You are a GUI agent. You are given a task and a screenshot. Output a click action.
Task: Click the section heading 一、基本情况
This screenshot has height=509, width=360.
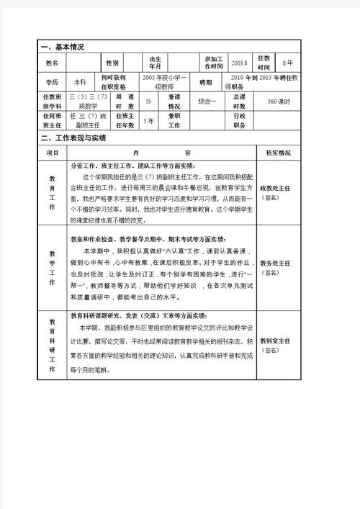(x=64, y=47)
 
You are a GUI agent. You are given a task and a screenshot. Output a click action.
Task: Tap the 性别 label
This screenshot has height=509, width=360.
(x=112, y=63)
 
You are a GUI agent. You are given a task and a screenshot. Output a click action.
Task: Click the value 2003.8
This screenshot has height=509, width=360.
(x=240, y=63)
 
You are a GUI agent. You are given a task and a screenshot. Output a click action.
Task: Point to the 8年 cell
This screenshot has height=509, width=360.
(x=288, y=63)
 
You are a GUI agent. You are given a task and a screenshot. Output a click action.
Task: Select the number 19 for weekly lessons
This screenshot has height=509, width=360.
(x=148, y=102)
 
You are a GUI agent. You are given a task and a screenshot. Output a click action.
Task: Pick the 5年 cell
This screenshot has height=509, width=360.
(x=148, y=120)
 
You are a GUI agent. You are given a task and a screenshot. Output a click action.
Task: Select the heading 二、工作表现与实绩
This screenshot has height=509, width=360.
(x=73, y=138)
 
